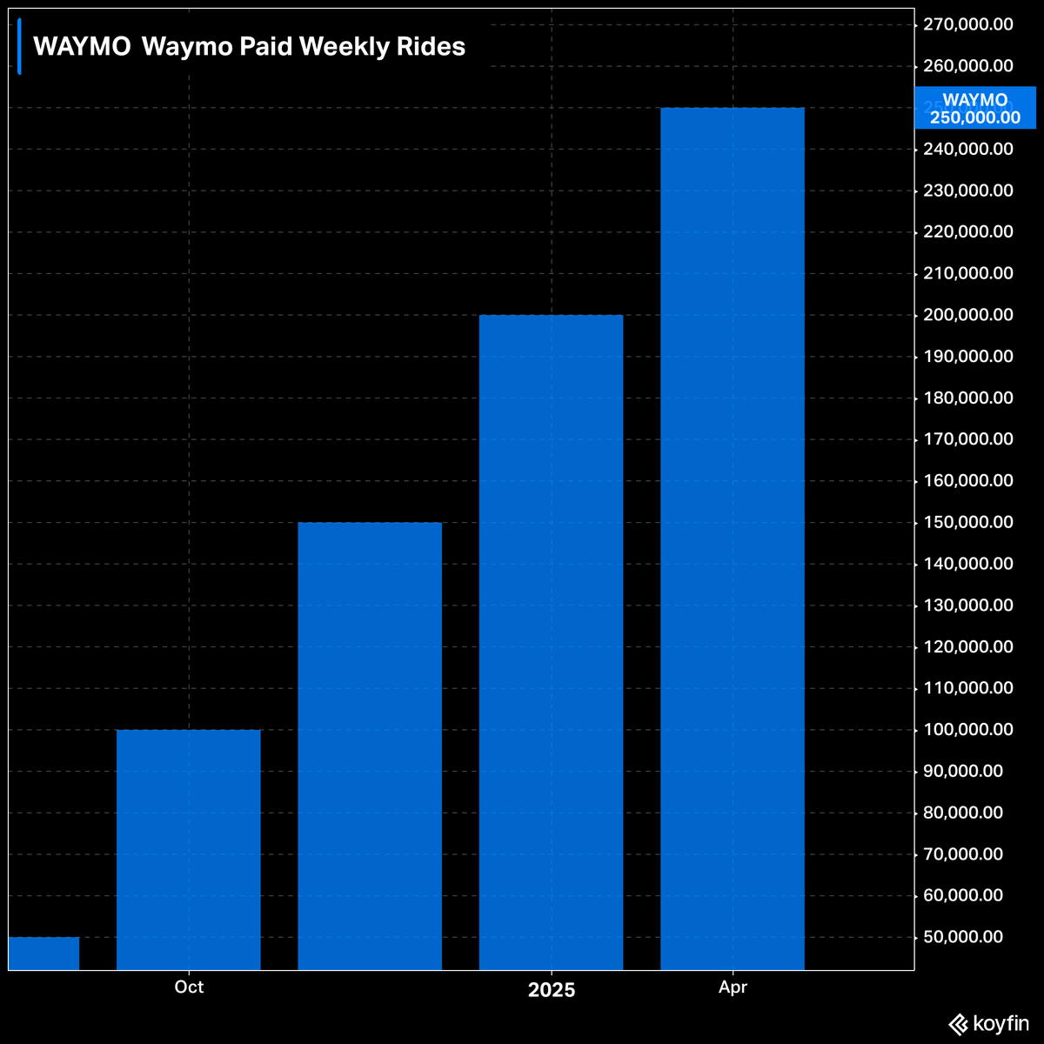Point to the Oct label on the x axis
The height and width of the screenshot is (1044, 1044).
189,987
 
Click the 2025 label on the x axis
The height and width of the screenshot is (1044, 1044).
552,990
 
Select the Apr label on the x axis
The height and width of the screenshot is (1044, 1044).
733,987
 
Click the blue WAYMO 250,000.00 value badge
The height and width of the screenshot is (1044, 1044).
975,109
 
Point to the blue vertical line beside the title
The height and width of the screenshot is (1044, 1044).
19,46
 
